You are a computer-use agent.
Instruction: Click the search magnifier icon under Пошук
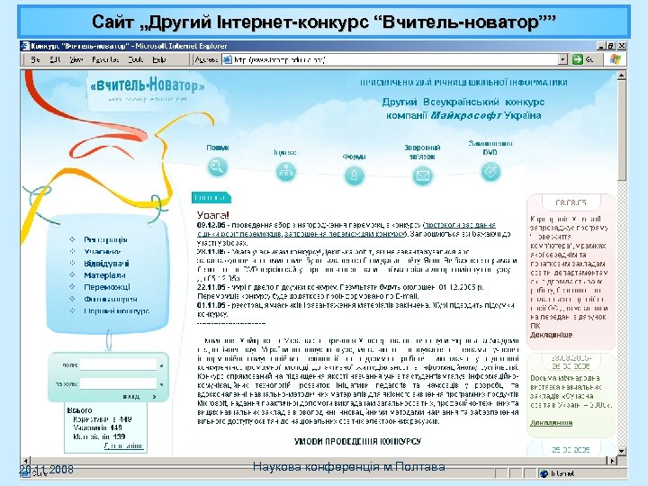point(216,166)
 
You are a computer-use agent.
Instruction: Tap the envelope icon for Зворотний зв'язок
point(422,176)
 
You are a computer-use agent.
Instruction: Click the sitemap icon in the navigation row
point(285,172)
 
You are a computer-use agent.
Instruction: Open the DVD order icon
point(491,172)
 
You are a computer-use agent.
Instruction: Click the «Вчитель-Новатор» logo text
point(148,85)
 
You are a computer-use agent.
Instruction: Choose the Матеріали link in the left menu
point(104,275)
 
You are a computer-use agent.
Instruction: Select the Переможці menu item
point(109,287)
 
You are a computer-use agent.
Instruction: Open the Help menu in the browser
point(158,59)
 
